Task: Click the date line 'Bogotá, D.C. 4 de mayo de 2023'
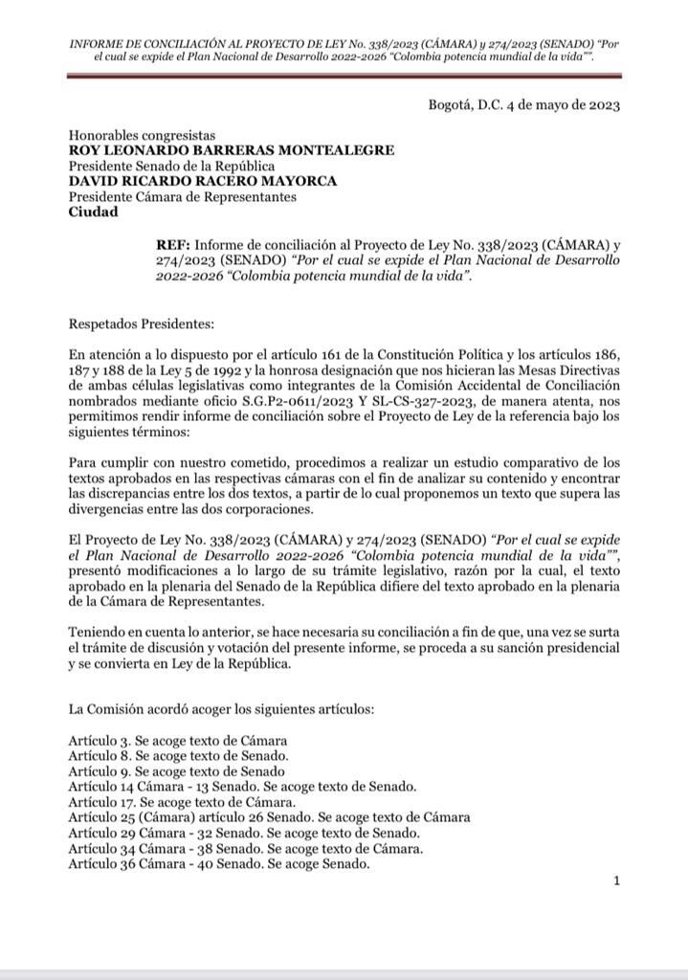click(523, 105)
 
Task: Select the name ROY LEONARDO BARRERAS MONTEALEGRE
click(232, 150)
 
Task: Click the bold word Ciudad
click(94, 212)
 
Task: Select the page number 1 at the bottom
click(617, 881)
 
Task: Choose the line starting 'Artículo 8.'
click(179, 756)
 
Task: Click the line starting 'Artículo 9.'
click(177, 771)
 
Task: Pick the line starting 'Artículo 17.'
click(182, 802)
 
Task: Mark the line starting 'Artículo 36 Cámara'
click(219, 863)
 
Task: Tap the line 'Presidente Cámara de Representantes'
click(182, 197)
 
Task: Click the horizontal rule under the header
click(345, 75)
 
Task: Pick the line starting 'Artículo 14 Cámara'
click(242, 787)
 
